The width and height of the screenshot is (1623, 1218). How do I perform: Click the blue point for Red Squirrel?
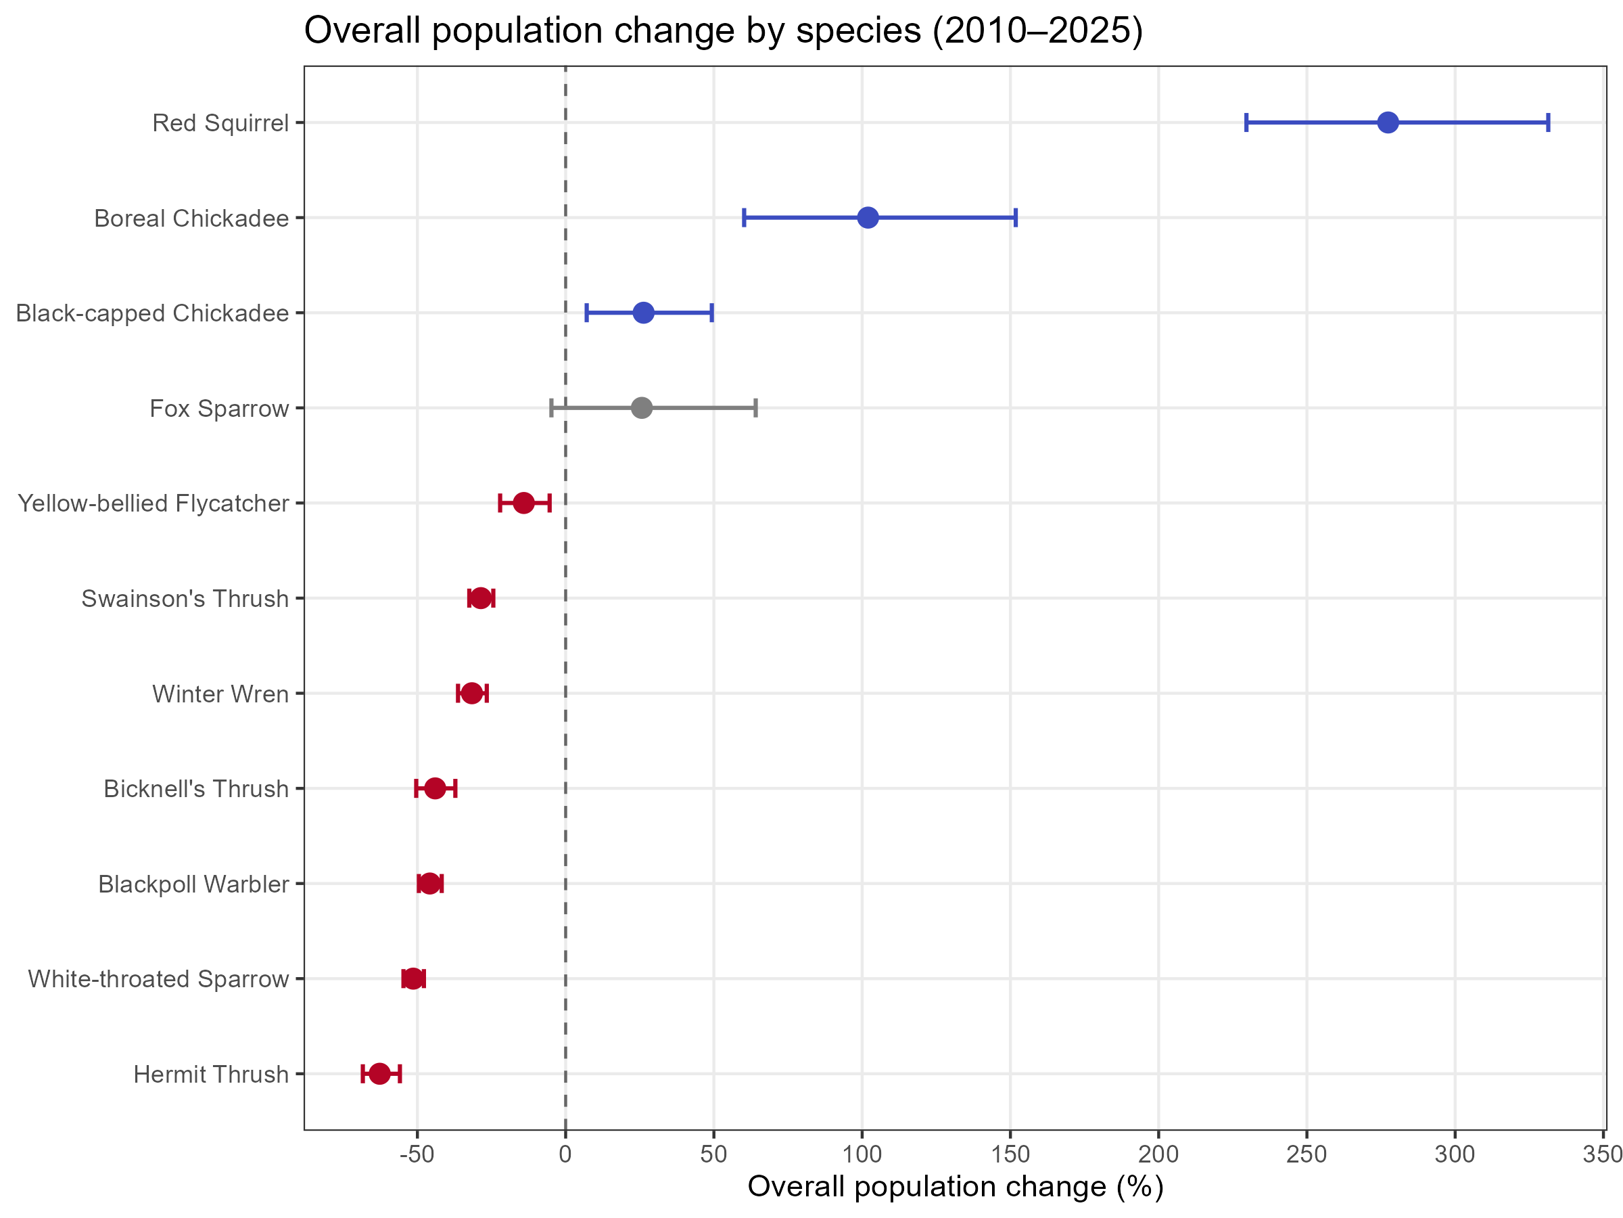point(1388,122)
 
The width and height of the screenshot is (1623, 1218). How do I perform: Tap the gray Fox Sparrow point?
point(641,407)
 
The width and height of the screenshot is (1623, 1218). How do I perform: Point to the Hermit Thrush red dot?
point(379,1073)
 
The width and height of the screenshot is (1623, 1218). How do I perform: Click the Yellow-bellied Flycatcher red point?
point(523,503)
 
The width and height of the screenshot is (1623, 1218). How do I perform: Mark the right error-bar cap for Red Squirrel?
point(1548,122)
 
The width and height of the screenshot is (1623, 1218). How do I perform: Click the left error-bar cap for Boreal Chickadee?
point(744,217)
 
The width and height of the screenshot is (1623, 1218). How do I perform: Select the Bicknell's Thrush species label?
point(196,788)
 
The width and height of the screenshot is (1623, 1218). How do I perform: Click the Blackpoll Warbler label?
point(193,884)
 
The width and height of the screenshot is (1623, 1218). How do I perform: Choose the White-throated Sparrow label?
point(158,978)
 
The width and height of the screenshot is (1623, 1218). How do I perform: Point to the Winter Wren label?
point(220,694)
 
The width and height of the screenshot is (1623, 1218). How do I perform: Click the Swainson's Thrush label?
point(185,598)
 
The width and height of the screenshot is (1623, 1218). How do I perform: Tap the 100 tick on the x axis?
point(862,1154)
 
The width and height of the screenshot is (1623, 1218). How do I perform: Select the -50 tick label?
point(417,1154)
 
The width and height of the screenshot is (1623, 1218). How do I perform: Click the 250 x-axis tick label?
point(1307,1154)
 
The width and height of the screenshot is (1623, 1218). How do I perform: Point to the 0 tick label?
point(565,1154)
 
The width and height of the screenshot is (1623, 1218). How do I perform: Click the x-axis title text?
point(955,1186)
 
